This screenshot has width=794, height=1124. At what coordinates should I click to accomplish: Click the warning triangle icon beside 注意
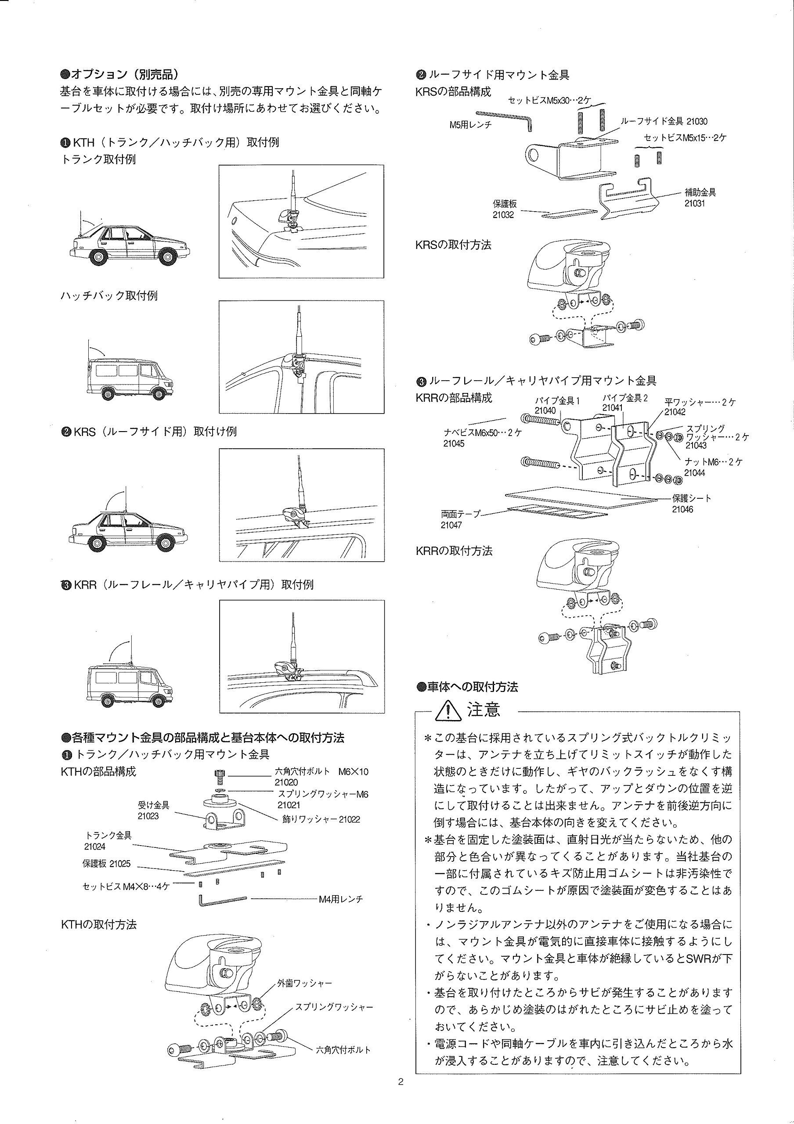click(450, 710)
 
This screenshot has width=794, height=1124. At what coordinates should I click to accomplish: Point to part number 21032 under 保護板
click(503, 214)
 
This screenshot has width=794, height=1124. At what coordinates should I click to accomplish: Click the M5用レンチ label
click(470, 125)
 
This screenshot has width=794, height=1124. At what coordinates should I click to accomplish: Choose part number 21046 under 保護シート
click(682, 510)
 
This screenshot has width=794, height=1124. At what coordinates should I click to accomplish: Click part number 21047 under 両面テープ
click(451, 525)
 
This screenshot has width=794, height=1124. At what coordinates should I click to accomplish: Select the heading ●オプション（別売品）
click(119, 74)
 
